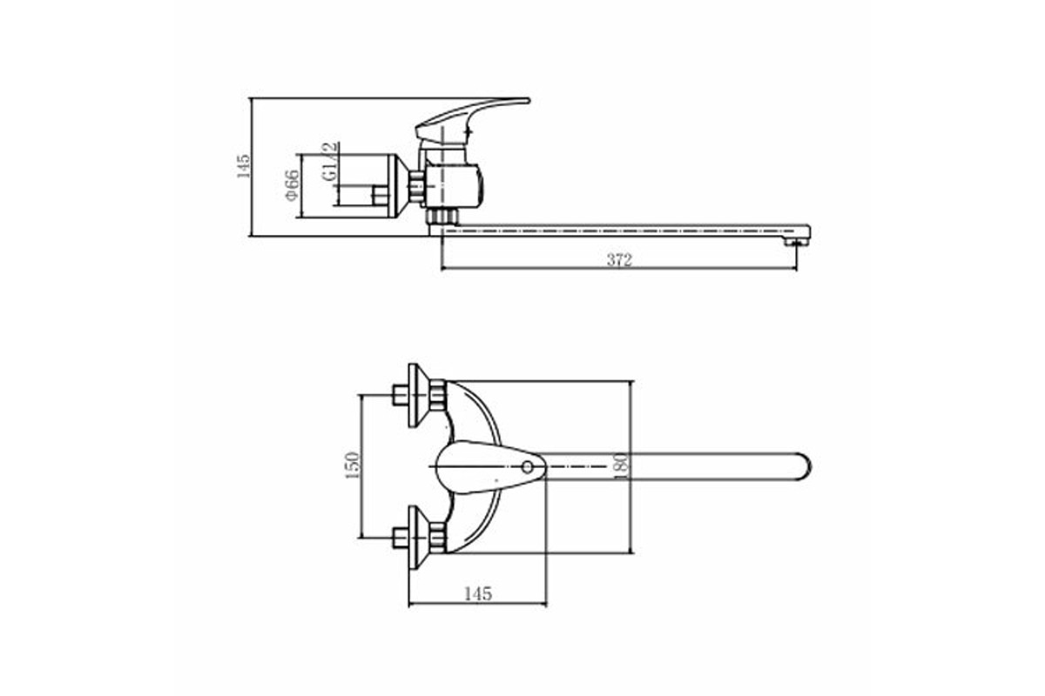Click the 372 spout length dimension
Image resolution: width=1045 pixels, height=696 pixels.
coord(619,260)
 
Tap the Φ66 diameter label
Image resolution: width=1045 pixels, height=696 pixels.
coord(292,185)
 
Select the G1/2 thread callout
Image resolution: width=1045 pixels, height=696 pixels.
coord(330,161)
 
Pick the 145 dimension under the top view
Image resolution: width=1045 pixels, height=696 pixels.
coord(478,593)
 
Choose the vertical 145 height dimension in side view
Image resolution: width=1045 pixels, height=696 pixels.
coord(243,166)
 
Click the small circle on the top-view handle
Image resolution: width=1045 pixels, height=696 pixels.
coord(527,466)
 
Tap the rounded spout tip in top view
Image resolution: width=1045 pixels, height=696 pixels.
coord(805,466)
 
